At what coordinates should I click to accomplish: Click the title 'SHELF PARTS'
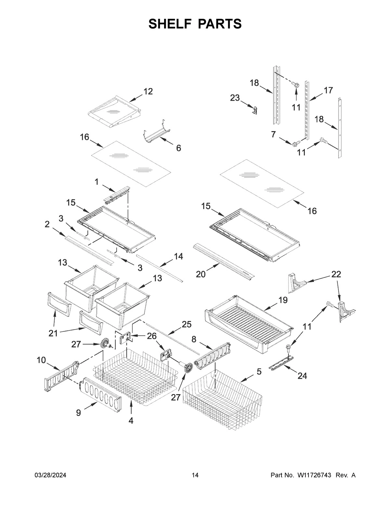(195, 24)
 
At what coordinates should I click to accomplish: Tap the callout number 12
(148, 92)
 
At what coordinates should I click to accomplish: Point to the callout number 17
(328, 90)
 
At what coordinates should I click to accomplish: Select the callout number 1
(97, 182)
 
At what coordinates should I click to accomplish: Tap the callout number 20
(201, 274)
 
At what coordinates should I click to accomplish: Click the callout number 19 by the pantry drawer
(283, 300)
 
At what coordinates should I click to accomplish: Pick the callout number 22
(336, 274)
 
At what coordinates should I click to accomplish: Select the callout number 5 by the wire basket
(259, 371)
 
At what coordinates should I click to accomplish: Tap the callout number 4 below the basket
(131, 420)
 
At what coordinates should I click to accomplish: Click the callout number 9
(78, 413)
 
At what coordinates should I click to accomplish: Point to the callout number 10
(41, 360)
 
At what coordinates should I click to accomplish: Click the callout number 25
(187, 324)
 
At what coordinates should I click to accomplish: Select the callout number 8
(194, 339)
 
